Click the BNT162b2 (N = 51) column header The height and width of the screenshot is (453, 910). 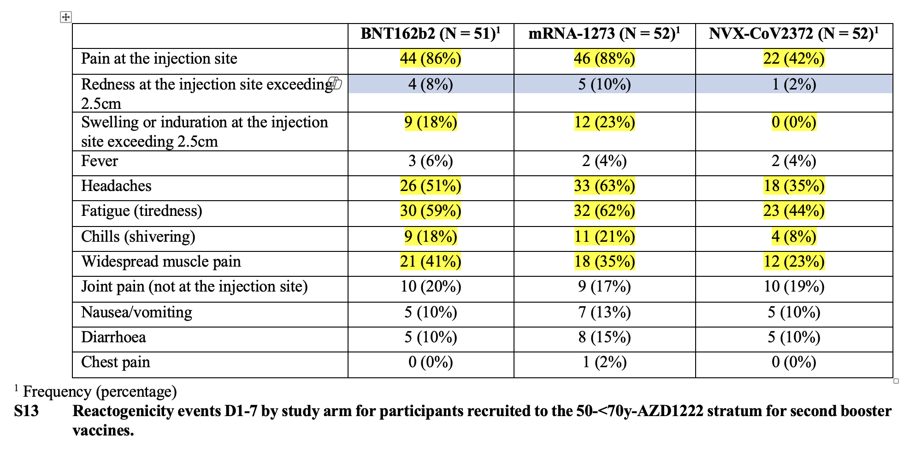[430, 34]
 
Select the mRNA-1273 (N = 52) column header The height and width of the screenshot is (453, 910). [604, 34]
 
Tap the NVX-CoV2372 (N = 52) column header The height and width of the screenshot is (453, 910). [793, 34]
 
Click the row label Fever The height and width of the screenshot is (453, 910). [100, 161]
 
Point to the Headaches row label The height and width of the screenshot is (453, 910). [116, 186]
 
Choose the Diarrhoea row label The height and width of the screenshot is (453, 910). [113, 337]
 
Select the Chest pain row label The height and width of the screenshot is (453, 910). [116, 362]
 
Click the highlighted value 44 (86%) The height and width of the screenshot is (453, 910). [431, 59]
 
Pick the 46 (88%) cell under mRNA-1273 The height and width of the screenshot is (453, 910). [604, 59]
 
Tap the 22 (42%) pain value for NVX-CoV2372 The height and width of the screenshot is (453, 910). [794, 59]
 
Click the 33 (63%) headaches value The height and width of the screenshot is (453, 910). [604, 186]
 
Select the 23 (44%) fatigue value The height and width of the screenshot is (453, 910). [794, 211]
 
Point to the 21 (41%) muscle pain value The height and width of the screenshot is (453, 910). [431, 262]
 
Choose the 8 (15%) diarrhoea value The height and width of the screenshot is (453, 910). [604, 337]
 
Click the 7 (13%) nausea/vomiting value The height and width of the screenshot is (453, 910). [604, 312]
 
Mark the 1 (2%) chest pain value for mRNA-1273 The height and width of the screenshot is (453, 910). [604, 362]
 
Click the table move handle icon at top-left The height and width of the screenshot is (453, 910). [66, 17]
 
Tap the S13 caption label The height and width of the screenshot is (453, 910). [26, 411]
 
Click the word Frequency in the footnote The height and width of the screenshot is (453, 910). [57, 392]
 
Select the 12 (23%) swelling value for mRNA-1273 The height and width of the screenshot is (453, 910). [604, 122]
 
